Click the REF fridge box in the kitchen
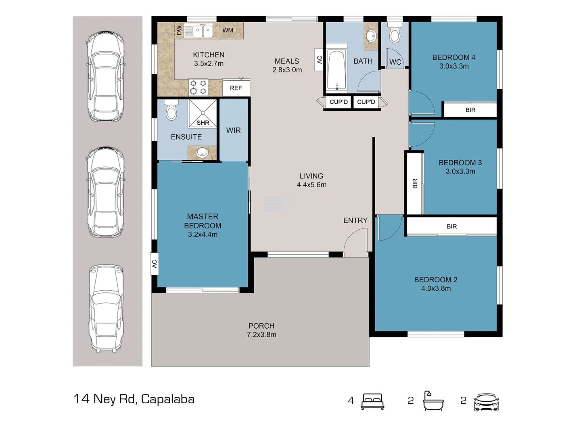[236, 88]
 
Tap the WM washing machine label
[228, 30]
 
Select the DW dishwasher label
[179, 30]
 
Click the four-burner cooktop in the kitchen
[198, 87]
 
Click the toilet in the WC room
[395, 34]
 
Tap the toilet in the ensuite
[171, 110]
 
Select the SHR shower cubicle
[203, 113]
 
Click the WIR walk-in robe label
[233, 130]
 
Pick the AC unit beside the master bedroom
[154, 264]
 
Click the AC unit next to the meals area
[319, 60]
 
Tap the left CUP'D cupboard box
[339, 102]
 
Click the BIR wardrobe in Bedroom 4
[470, 110]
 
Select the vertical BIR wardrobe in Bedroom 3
[415, 184]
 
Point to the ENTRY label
[355, 220]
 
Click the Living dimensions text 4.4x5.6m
[311, 185]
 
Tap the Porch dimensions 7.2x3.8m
[261, 335]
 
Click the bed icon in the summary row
[372, 401]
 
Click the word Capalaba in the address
[167, 399]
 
